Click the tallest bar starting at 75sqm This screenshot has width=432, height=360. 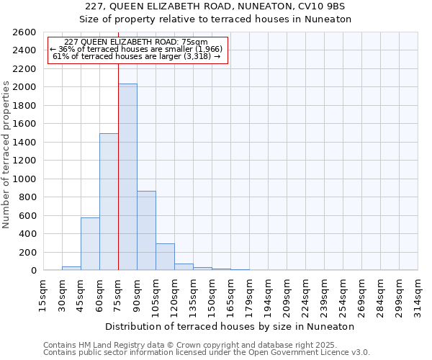[x=127, y=177]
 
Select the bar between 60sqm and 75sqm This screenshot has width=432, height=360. [x=109, y=202]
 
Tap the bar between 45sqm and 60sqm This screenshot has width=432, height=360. [x=90, y=243]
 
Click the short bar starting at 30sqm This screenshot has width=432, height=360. [x=71, y=269]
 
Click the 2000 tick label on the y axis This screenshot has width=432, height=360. [x=24, y=87]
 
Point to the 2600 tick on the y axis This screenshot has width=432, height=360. [x=24, y=32]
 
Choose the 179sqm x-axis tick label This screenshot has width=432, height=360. [x=248, y=294]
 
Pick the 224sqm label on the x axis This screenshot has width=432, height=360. [x=305, y=294]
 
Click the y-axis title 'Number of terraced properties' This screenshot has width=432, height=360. [x=7, y=155]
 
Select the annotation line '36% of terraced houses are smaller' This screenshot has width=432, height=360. [x=137, y=49]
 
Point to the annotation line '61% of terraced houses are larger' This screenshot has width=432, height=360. [x=137, y=56]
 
